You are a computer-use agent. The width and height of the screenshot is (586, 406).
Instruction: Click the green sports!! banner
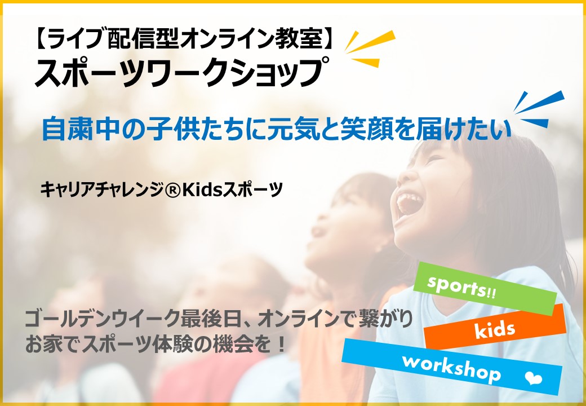tap(485, 289)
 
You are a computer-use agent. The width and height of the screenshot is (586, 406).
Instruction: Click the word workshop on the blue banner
tap(451, 368)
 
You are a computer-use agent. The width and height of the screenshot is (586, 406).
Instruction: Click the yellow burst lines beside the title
tap(370, 48)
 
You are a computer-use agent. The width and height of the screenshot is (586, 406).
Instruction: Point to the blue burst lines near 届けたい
tap(539, 109)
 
